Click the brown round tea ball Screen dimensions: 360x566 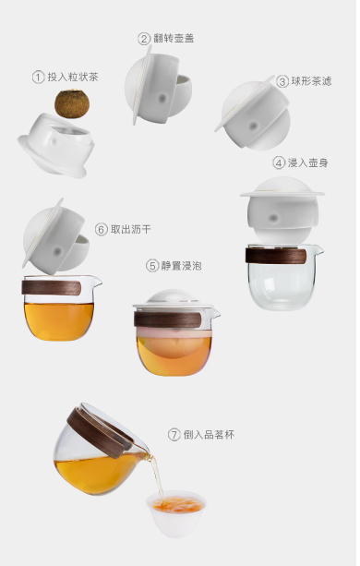point(72,104)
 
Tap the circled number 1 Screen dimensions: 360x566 point(38,77)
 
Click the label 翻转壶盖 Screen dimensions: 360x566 point(174,38)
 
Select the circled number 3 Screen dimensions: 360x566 point(282,81)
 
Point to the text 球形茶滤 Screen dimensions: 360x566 point(311,81)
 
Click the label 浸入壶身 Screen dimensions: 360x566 point(307,163)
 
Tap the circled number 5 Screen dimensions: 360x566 point(152,266)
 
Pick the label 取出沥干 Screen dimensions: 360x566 point(130,229)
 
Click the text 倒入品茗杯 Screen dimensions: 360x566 point(209,434)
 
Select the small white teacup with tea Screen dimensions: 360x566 point(175,513)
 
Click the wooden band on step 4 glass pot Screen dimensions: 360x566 point(276,255)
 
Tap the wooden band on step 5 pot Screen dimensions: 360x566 point(167,319)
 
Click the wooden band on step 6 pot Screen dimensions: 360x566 point(51,287)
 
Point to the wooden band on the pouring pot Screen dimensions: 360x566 point(99,431)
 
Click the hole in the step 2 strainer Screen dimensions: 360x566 point(162,98)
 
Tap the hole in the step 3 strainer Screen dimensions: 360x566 point(254,126)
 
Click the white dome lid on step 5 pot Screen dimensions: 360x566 point(173,297)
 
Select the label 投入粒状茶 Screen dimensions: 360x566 point(73,77)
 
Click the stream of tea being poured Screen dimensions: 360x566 point(157,476)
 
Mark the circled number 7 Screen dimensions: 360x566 point(174,434)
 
